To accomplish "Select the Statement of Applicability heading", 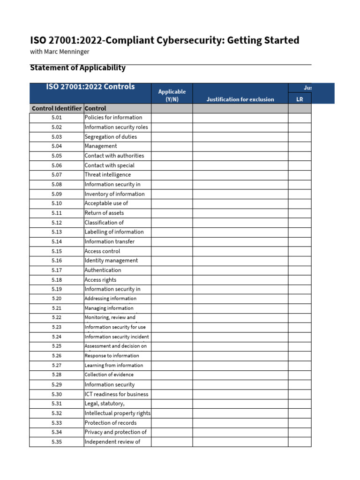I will click(x=78, y=67).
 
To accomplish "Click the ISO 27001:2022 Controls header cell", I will click(x=90, y=87).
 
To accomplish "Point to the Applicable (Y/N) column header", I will click(x=172, y=95).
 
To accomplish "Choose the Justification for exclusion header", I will click(x=240, y=99).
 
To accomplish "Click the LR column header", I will click(x=300, y=99).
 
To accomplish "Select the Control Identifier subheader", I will click(x=57, y=108).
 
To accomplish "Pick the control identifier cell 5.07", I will click(x=57, y=175).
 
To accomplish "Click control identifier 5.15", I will click(x=57, y=251).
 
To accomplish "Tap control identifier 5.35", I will click(x=57, y=442).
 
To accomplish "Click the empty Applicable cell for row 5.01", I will click(x=172, y=118).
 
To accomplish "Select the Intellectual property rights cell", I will click(x=118, y=413).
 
